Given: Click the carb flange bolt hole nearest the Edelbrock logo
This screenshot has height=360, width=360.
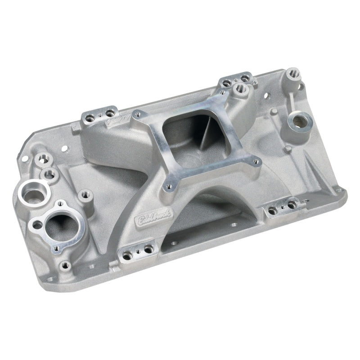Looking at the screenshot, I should (x=171, y=183).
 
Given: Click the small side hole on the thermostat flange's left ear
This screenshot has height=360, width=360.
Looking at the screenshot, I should (x=35, y=222).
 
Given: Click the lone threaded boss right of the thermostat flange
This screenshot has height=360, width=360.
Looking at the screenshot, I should (x=84, y=194).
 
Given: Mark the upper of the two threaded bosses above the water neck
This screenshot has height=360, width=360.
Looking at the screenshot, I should (x=44, y=159).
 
